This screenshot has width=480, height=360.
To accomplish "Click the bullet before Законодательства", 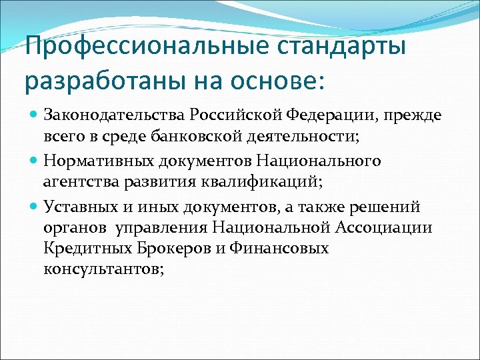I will click(35, 115).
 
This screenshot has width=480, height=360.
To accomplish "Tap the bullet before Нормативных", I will click(35, 161).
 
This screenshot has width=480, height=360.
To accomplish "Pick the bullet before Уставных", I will click(35, 206).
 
